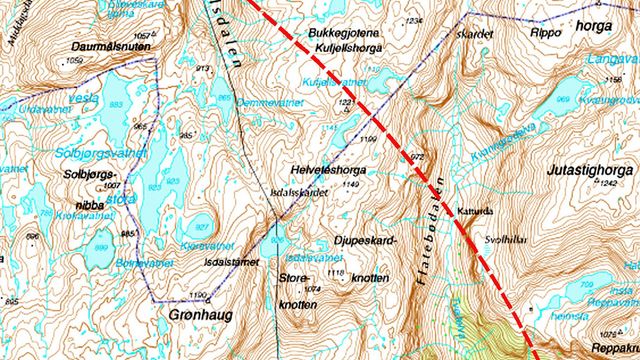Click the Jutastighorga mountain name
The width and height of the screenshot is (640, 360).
589,171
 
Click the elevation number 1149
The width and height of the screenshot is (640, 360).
349,185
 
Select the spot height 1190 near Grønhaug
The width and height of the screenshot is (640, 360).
197,294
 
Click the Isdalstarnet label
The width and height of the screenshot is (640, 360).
232,261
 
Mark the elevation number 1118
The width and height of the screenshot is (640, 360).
335,273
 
